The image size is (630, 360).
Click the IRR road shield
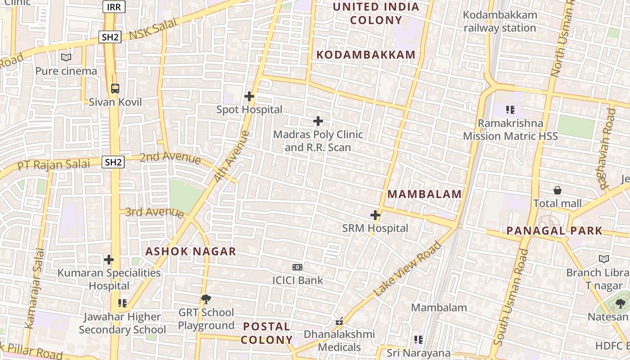coord(114,6)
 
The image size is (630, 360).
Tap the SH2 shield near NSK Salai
coord(110,37)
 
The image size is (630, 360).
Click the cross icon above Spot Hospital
coord(249,96)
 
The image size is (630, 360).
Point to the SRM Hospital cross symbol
coord(375,215)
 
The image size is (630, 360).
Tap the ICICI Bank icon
coord(297,267)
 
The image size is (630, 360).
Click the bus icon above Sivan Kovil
coord(115,88)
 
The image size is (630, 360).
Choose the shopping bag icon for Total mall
coord(558,190)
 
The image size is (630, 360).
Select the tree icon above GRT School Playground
coord(206,299)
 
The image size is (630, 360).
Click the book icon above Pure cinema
coord(66,57)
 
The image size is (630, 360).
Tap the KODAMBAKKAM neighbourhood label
coord(366,55)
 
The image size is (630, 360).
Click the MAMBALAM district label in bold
coord(424,194)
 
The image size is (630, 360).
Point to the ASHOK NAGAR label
coord(190,252)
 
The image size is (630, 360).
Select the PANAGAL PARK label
coord(554,231)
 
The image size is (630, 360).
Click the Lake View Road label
coord(408,269)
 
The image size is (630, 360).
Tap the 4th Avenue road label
coord(231,156)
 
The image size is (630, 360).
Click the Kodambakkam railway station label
coord(500,21)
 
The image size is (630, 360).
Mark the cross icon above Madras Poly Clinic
coord(318,121)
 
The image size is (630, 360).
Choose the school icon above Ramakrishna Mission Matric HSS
coord(510,109)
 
